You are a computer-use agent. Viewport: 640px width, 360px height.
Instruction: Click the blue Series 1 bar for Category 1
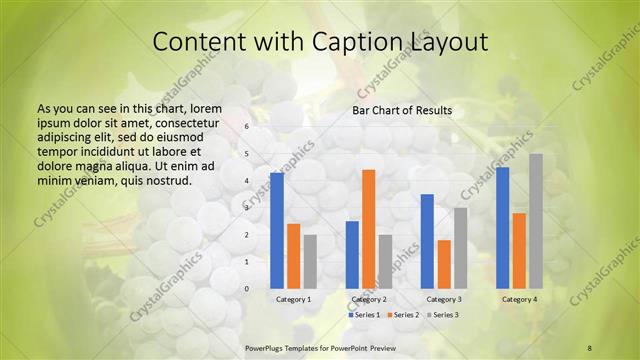pos(277,231)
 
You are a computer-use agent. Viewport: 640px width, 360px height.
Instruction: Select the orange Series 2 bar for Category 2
pos(368,229)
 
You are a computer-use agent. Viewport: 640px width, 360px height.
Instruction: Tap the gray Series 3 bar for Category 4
pos(536,221)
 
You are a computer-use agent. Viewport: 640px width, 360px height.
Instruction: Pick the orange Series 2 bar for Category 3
pos(444,264)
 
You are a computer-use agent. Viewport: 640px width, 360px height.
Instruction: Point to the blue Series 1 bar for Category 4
pos(503,228)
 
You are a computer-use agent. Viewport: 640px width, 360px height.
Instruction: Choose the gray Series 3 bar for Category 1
pos(310,261)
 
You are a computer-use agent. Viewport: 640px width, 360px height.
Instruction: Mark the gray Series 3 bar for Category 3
pos(460,248)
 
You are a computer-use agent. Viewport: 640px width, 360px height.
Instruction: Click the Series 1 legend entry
pos(364,315)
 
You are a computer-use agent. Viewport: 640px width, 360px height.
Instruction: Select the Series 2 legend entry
pos(402,315)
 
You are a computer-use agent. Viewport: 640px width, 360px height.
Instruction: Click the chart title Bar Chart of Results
pos(402,110)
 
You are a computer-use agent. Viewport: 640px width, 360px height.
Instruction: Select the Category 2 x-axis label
pos(369,299)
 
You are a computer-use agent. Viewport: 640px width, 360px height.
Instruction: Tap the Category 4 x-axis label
pos(519,299)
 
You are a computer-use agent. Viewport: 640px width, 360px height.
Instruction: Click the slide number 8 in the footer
pos(590,347)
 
